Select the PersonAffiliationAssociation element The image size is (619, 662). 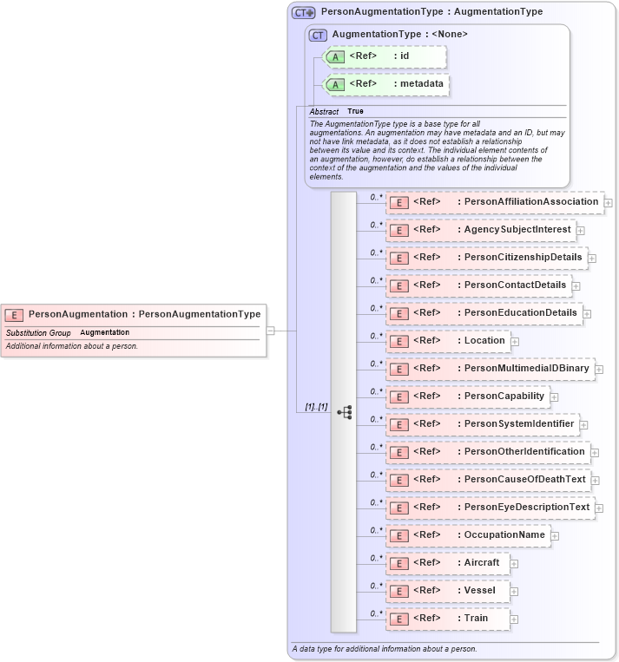tap(495, 202)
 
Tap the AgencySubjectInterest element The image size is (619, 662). tap(481, 230)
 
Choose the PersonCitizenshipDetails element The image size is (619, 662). tap(486, 258)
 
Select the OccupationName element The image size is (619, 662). tap(468, 535)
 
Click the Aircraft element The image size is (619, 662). tap(448, 563)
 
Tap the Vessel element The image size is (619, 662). tap(446, 591)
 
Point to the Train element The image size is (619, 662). tap(446, 619)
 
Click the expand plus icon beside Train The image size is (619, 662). tap(515, 619)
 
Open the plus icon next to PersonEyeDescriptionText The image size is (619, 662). tap(599, 508)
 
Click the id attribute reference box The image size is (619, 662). tap(385, 56)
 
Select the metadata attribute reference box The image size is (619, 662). tap(387, 84)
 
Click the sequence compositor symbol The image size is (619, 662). tap(345, 412)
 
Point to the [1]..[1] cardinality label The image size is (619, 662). tap(316, 406)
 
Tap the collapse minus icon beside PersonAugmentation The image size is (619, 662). tap(271, 330)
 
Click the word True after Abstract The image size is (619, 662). tap(356, 112)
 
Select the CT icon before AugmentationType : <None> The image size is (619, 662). tap(319, 35)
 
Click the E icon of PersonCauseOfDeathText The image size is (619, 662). tap(399, 480)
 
